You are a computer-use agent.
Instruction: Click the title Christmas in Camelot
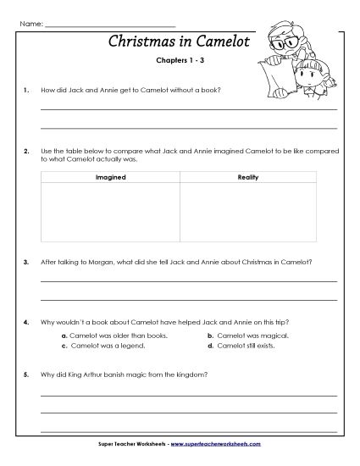179,42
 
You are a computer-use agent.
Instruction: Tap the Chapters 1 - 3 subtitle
180,61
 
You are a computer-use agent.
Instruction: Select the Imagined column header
110,178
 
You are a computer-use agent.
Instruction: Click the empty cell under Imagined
110,212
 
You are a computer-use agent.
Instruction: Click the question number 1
27,87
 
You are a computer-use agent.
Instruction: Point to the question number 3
27,262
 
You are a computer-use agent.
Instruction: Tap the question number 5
27,374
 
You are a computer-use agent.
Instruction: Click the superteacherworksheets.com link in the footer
214,444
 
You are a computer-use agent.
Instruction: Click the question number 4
27,322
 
